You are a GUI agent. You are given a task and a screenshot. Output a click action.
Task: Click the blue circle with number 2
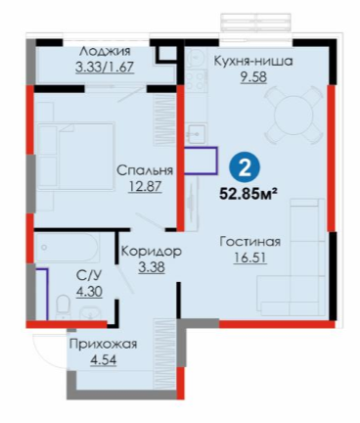pyautogui.click(x=245, y=168)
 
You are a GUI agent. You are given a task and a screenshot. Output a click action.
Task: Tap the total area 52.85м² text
pyautogui.click(x=248, y=194)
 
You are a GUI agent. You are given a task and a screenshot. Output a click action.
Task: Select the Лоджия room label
pyautogui.click(x=106, y=51)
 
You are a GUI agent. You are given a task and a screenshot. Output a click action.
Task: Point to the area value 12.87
pyautogui.click(x=145, y=187)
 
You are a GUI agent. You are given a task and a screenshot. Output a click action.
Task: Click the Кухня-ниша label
pyautogui.click(x=253, y=61)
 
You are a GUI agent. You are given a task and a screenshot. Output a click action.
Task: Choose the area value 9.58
pyautogui.click(x=253, y=77)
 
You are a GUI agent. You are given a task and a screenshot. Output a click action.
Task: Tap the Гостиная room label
pyautogui.click(x=250, y=242)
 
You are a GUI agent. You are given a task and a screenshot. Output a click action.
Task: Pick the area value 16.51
pyautogui.click(x=250, y=258)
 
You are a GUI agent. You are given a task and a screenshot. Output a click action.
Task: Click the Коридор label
pyautogui.click(x=152, y=252)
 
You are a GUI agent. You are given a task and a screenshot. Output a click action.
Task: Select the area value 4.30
pyautogui.click(x=89, y=291)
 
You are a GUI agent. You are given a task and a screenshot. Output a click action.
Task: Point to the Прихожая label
pyautogui.click(x=104, y=345)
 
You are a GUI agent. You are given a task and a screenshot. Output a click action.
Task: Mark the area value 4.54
pyautogui.click(x=104, y=360)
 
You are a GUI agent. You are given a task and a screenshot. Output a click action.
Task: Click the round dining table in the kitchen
pyautogui.click(x=292, y=115)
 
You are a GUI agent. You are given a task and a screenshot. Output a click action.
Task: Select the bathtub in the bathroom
pyautogui.click(x=67, y=248)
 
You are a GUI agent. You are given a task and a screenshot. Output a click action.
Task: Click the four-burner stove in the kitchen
pyautogui.click(x=196, y=80)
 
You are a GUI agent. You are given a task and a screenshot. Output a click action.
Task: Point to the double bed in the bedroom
pyautogui.click(x=75, y=157)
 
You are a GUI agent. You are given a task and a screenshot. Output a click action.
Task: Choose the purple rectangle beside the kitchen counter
pyautogui.click(x=201, y=161)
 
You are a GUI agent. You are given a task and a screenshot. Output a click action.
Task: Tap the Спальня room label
pyautogui.click(x=145, y=170)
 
